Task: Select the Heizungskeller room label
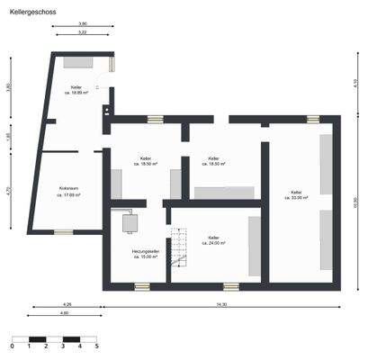click(x=143, y=253)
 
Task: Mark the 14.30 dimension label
click(x=221, y=306)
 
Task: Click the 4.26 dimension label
click(x=67, y=306)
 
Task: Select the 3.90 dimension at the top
click(x=83, y=23)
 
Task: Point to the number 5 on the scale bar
click(x=96, y=346)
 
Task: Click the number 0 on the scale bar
click(x=13, y=346)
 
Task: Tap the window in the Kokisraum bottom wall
click(x=62, y=231)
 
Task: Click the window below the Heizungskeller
click(x=141, y=286)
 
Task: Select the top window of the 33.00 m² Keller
click(x=312, y=118)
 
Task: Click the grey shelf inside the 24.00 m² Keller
click(x=255, y=245)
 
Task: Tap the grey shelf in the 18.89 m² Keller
click(x=75, y=64)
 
